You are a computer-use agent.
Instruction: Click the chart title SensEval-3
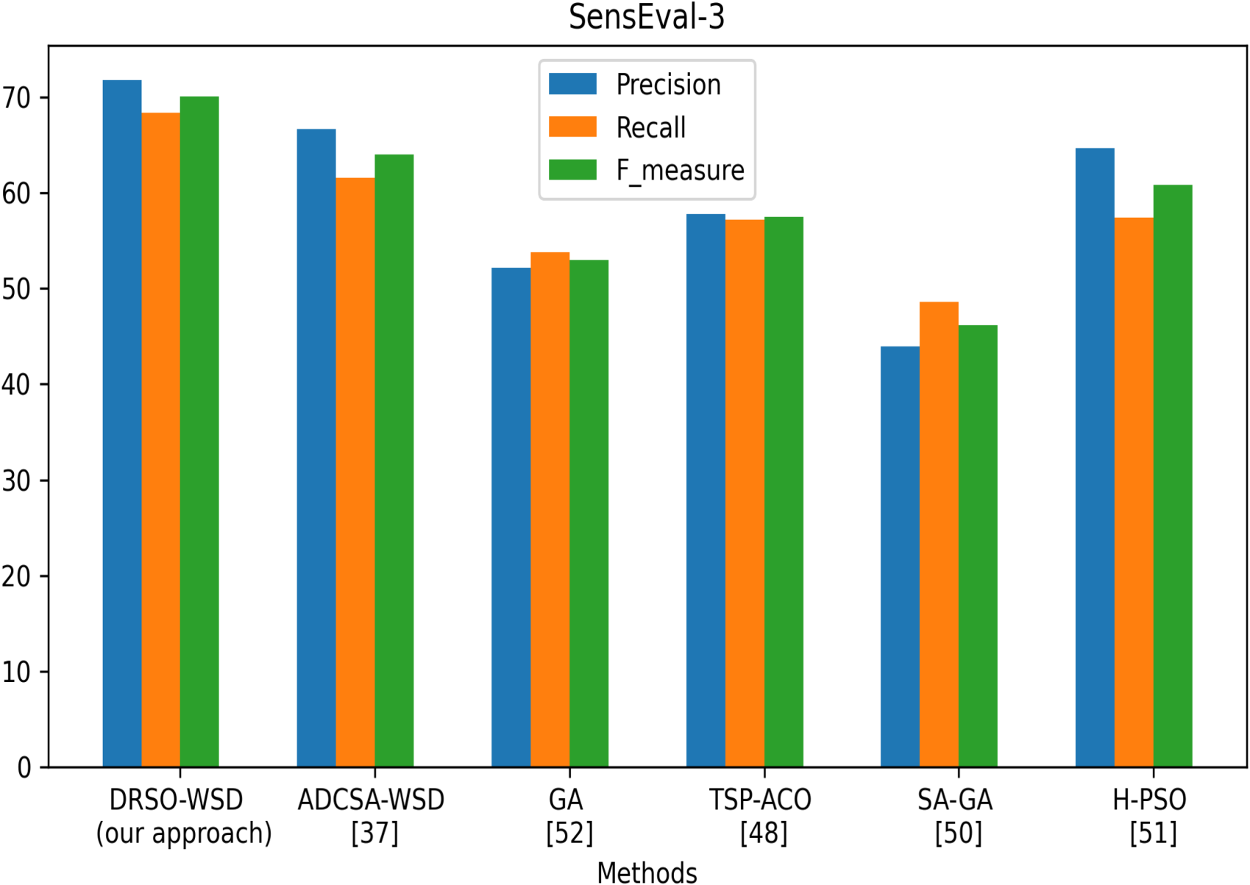click(646, 17)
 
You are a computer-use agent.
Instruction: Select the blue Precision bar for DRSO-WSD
click(122, 424)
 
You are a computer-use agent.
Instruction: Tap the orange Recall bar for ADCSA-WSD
click(355, 472)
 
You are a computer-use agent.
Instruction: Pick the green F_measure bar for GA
click(589, 513)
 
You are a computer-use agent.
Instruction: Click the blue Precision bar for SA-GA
click(900, 557)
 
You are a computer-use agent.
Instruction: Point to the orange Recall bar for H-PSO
click(1134, 492)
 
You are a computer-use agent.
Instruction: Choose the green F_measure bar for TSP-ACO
click(784, 492)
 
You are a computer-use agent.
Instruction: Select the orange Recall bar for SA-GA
click(940, 535)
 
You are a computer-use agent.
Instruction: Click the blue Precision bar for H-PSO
click(1095, 458)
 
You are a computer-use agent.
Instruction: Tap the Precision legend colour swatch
click(572, 84)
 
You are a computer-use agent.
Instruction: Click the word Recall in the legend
click(650, 127)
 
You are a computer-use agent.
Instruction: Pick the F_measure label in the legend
click(681, 170)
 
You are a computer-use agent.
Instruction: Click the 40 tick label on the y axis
click(16, 385)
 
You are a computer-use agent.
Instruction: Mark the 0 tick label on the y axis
click(24, 768)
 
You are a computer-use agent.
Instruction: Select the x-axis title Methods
click(647, 872)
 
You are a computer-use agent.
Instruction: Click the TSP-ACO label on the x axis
click(760, 800)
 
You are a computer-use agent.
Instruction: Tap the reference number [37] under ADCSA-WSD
click(374, 833)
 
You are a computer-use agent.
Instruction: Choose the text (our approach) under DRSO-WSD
click(184, 834)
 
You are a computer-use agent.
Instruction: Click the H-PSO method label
click(1149, 800)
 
